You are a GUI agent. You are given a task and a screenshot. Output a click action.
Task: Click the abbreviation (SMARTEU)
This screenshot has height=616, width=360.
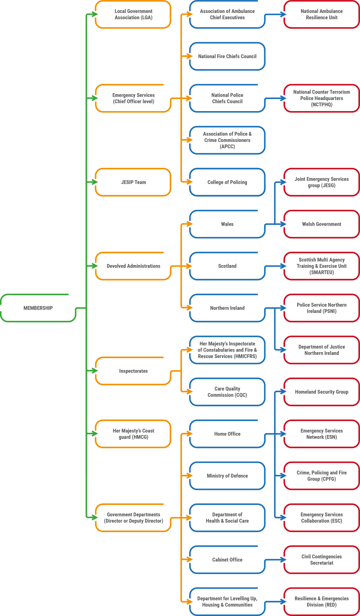322,272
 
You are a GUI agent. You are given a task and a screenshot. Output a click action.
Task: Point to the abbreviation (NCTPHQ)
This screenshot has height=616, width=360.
322,105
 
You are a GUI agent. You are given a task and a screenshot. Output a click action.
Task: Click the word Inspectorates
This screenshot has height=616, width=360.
133,371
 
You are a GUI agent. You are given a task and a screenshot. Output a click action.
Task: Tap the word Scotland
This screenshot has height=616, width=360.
227,266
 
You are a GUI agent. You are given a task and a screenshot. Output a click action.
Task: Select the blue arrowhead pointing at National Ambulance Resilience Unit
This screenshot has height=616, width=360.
283,14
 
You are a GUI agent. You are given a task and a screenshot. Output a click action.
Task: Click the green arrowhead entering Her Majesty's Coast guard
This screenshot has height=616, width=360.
95,434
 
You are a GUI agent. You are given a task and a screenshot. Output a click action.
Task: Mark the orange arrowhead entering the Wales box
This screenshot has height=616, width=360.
189,224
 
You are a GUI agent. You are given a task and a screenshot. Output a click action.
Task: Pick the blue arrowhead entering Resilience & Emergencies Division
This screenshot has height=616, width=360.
283,602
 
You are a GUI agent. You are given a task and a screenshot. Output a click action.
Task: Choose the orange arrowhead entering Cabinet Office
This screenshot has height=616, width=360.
189,559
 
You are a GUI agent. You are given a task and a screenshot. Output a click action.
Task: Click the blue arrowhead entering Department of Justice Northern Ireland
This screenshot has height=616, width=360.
283,350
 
